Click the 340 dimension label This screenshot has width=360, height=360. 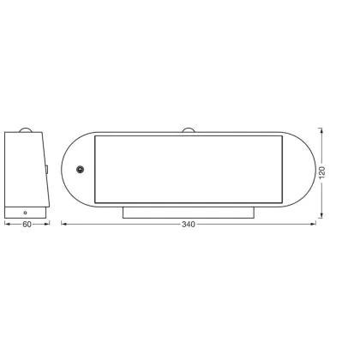189,225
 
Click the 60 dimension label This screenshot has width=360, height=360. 27,225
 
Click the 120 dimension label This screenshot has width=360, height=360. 322,172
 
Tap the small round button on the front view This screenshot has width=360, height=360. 81,170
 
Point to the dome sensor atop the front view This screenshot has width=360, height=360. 189,130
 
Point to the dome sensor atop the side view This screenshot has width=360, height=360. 26,129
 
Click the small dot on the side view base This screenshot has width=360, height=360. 26,213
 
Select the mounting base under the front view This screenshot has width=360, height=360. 189,213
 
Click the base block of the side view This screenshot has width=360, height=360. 25,213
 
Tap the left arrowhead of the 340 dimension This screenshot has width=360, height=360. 64,225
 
